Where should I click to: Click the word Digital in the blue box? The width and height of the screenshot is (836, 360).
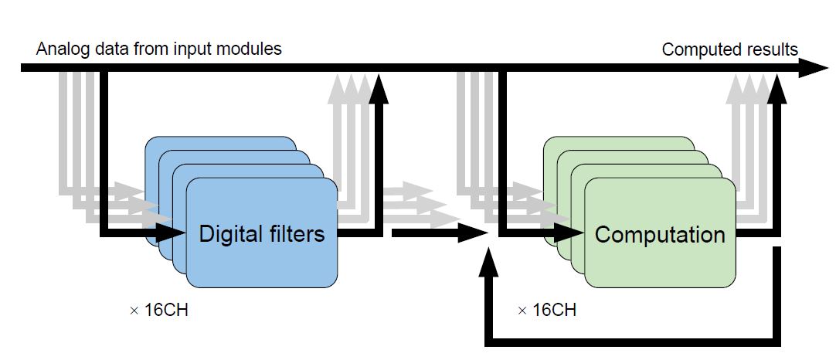[x=230, y=233]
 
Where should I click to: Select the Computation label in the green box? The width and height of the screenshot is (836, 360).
[x=660, y=234]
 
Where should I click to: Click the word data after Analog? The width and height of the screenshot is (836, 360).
[x=101, y=49]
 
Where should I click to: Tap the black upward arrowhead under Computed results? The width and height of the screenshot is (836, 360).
[x=778, y=88]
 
